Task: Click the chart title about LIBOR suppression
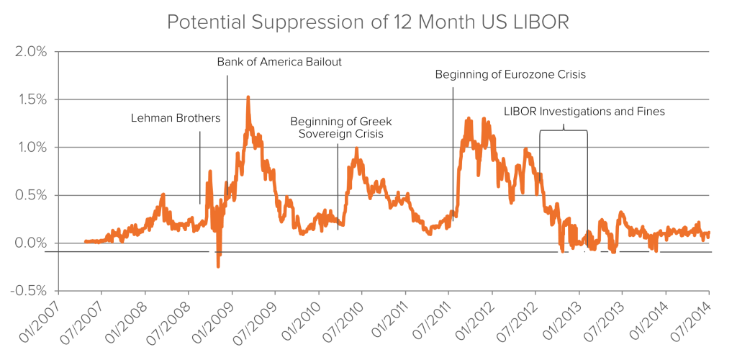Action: click(x=368, y=22)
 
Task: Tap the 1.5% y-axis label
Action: click(x=30, y=99)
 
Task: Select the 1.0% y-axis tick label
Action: click(x=30, y=147)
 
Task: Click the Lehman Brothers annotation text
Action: click(x=176, y=118)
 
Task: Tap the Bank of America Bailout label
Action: click(x=279, y=62)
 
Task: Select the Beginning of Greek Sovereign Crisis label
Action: click(x=340, y=128)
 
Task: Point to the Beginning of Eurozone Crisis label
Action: click(x=510, y=74)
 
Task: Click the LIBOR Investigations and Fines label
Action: click(x=584, y=112)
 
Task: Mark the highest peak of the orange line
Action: click(x=248, y=96)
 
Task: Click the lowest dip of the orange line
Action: click(x=218, y=266)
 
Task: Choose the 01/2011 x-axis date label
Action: click(x=386, y=323)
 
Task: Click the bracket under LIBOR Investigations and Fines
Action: click(x=563, y=130)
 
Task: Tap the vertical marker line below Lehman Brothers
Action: click(x=200, y=168)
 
